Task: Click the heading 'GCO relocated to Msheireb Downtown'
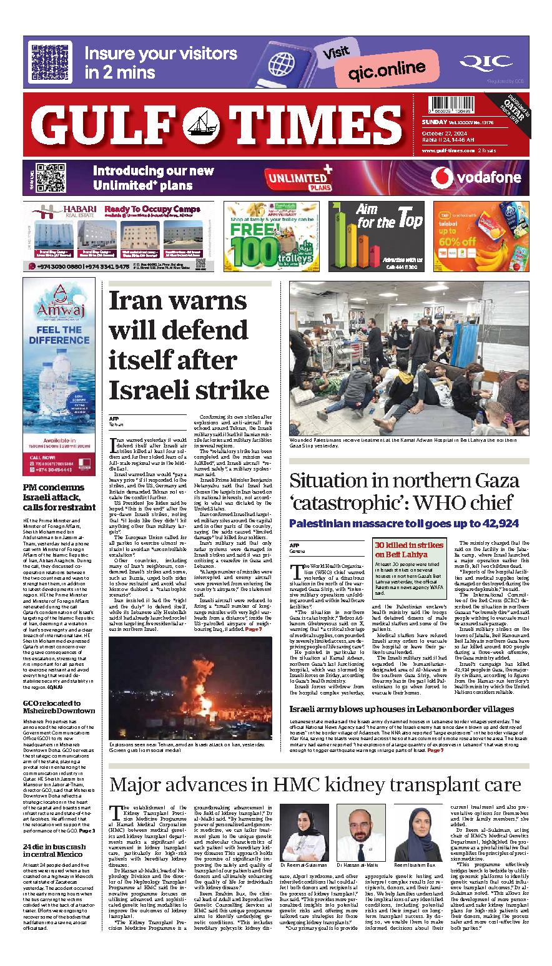pos(59,706)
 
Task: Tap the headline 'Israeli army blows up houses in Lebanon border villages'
pos(402,709)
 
